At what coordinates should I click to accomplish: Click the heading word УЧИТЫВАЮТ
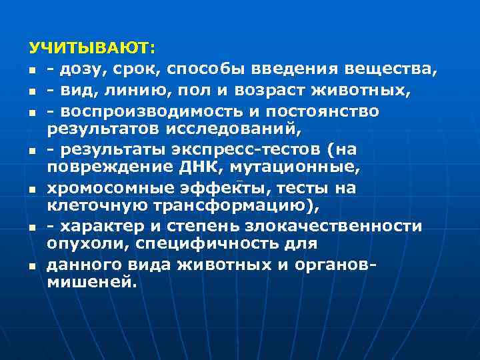pyautogui.click(x=91, y=49)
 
